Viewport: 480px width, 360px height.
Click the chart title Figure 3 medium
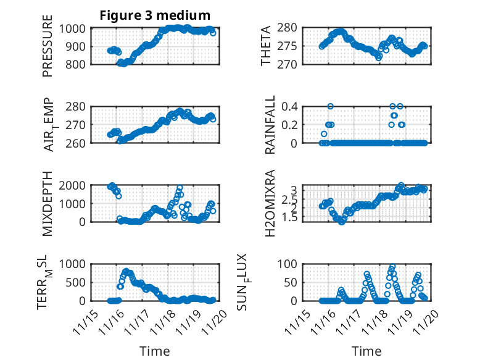[155, 15]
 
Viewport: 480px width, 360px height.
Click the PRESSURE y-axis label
[48, 46]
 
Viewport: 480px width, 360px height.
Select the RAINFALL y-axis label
[270, 124]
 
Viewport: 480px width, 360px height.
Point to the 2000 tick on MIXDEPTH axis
[73, 185]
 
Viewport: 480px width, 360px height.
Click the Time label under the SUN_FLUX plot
[366, 351]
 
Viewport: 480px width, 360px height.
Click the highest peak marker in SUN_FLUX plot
[392, 267]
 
